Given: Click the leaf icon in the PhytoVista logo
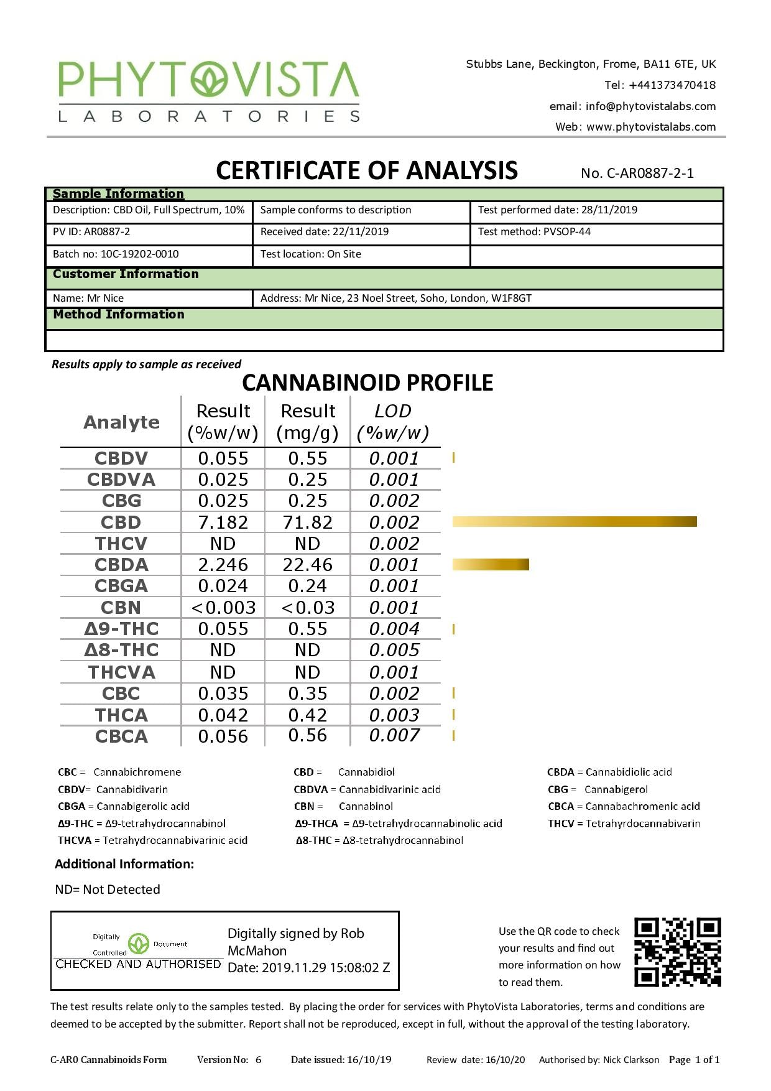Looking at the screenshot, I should pyautogui.click(x=210, y=80).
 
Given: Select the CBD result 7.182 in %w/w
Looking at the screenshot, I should pyautogui.click(x=223, y=522).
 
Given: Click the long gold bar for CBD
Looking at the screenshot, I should pyautogui.click(x=574, y=521).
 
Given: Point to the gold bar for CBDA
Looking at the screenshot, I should pyautogui.click(x=490, y=564).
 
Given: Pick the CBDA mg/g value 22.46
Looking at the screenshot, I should pyautogui.click(x=308, y=565).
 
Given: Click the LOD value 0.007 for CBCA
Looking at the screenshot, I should pyautogui.click(x=394, y=735).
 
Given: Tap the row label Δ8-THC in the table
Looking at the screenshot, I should pyautogui.click(x=121, y=650).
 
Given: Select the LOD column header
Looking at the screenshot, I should pyautogui.click(x=393, y=422).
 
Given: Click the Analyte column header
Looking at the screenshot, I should pyautogui.click(x=121, y=422).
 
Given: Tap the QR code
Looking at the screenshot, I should pyautogui.click(x=677, y=952).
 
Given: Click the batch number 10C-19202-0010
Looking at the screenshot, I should pyautogui.click(x=139, y=254).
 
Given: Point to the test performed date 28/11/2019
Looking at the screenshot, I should pyautogui.click(x=609, y=210).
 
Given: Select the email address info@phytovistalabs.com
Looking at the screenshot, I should pyautogui.click(x=650, y=106).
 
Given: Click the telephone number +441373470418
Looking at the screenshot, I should pyautogui.click(x=672, y=85).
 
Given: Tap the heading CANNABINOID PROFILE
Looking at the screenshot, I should pyautogui.click(x=367, y=383).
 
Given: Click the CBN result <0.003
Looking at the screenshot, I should pyautogui.click(x=223, y=608).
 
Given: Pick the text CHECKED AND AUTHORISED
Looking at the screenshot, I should pyautogui.click(x=138, y=964).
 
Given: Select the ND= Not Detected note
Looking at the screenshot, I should pyautogui.click(x=108, y=889).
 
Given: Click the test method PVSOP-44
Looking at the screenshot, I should pyautogui.click(x=566, y=231).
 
